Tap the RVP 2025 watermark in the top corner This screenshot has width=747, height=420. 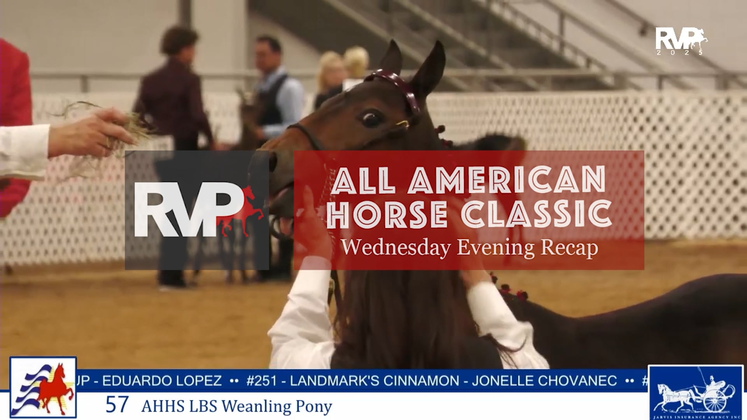(x=681, y=41)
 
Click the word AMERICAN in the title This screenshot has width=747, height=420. (x=506, y=180)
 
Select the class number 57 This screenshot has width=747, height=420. (x=117, y=405)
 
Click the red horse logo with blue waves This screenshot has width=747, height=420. (x=43, y=388)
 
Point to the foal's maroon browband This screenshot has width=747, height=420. (x=393, y=84)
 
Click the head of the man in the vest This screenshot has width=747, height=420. (x=268, y=51)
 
